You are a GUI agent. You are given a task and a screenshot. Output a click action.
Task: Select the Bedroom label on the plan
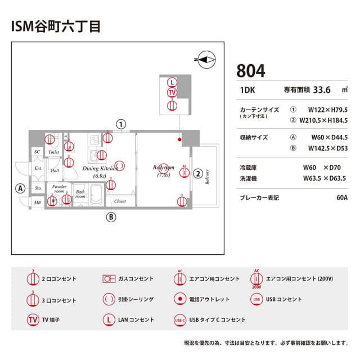[164, 168]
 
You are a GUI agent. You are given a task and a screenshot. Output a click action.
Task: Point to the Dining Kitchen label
[100, 168]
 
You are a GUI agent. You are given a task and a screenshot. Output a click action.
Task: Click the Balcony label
[207, 177]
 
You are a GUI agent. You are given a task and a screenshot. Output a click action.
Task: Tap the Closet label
[120, 201]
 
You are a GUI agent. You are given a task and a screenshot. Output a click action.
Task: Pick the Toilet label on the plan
[54, 152]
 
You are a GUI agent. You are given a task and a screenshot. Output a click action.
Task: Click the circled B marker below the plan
[111, 217]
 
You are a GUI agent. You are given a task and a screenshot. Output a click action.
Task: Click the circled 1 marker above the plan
[120, 124]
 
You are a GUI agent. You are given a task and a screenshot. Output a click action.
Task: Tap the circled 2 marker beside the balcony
[198, 173]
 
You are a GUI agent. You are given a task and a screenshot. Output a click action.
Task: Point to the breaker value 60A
[341, 198]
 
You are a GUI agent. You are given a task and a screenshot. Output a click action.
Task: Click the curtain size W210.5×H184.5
[323, 120]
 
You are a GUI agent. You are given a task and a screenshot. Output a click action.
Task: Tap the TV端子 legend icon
[33, 319]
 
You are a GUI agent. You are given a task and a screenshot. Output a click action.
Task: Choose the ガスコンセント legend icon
[109, 278]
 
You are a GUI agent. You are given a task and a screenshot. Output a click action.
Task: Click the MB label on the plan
[37, 202]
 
